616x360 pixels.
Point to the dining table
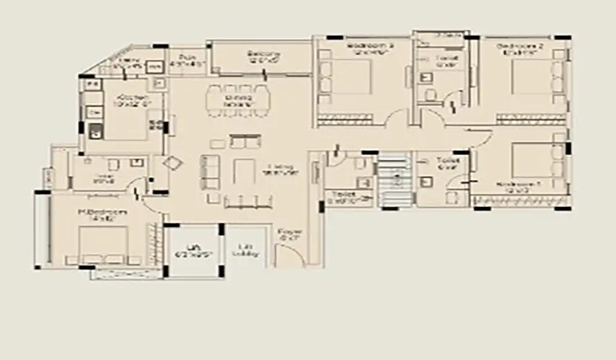[x=239, y=100]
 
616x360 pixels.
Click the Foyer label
[x=289, y=234]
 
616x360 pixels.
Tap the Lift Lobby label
[x=243, y=253]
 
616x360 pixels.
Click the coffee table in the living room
[x=242, y=170]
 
